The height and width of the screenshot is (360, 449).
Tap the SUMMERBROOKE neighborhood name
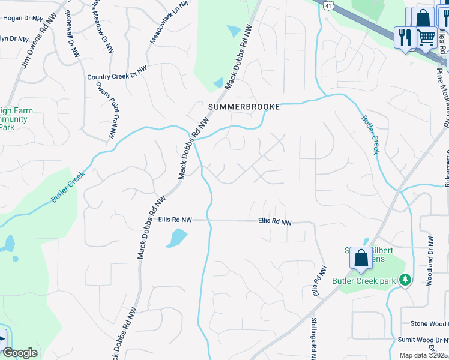[244, 107]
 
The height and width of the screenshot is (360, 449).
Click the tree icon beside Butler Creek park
[406, 280]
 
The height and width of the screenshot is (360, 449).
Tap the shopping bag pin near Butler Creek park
[361, 259]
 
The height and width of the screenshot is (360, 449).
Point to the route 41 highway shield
[328, 4]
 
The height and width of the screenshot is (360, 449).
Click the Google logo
[20, 353]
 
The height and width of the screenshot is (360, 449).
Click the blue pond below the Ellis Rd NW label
[177, 238]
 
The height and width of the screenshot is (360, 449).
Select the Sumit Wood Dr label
[424, 340]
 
